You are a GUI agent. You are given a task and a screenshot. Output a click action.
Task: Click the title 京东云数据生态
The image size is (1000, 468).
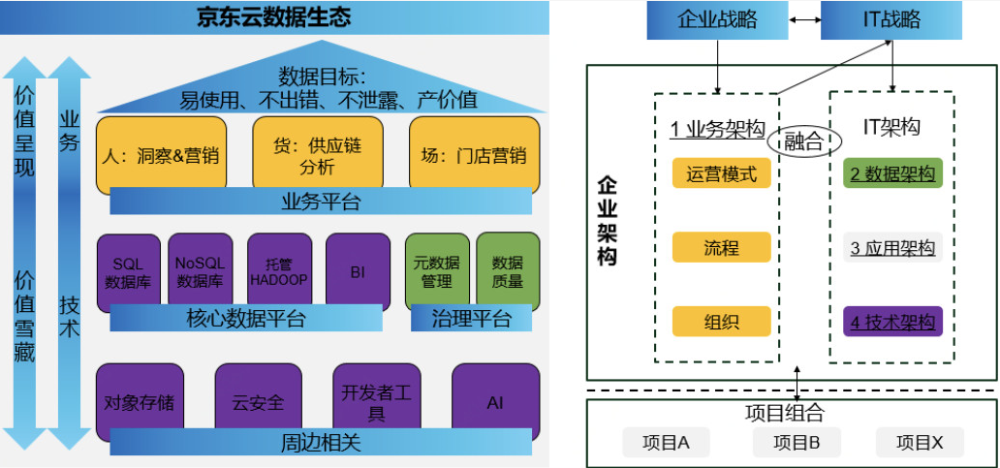pos(274,16)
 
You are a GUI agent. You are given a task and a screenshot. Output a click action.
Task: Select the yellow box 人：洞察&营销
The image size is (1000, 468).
pos(161,154)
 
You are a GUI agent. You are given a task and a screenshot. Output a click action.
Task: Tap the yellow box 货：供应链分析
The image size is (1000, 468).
pos(317,154)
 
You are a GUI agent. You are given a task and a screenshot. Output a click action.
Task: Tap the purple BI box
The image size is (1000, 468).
pos(358,271)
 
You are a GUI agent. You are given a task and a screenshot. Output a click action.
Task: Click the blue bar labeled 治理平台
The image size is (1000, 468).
pos(471,318)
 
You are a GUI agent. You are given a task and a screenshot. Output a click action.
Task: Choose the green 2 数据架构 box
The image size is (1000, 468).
pos(892,173)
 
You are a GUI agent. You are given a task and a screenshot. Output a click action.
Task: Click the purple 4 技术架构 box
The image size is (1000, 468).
pos(892,322)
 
